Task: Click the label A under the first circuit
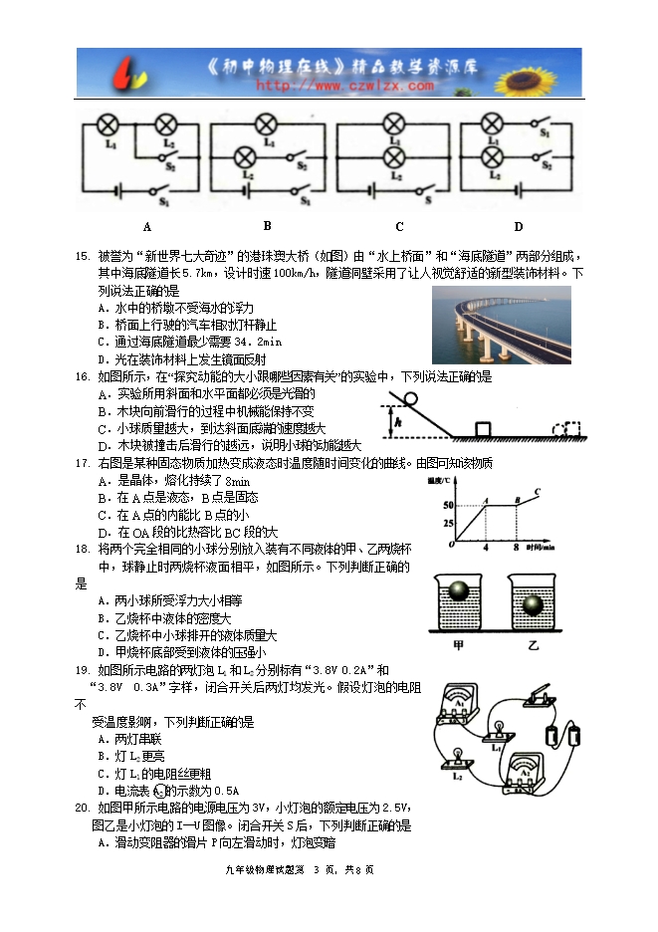point(146,226)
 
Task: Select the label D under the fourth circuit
point(518,226)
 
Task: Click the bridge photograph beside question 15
point(501,326)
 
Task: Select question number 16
point(83,376)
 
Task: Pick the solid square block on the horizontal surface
point(483,429)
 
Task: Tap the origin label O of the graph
point(451,546)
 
